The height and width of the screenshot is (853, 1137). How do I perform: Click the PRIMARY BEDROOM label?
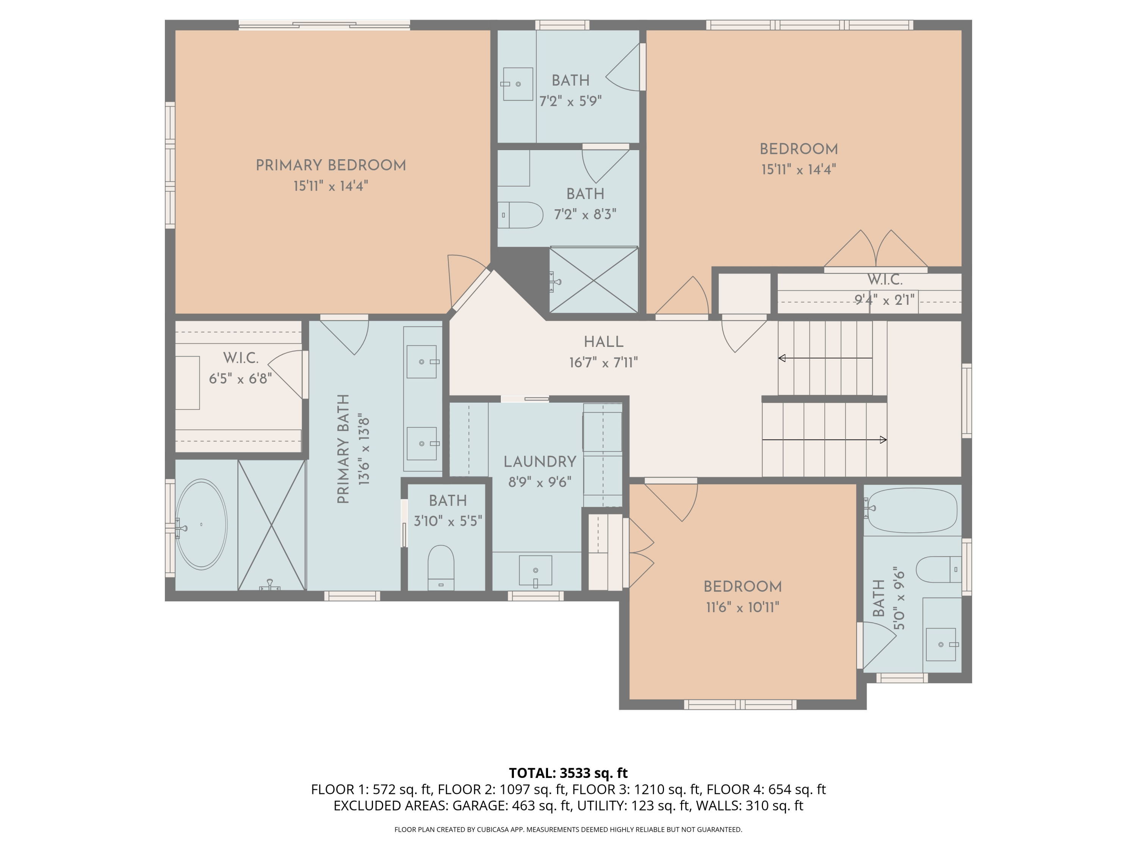click(x=330, y=166)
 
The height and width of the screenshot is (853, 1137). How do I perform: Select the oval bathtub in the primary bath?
click(x=201, y=524)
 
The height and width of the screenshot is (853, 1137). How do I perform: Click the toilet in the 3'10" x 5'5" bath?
click(x=440, y=566)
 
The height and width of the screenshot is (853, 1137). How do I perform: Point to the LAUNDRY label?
click(x=539, y=462)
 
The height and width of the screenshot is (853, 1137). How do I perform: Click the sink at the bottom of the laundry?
click(x=535, y=570)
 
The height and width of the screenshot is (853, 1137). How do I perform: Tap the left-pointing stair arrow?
click(x=782, y=358)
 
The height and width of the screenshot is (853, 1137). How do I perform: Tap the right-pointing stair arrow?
click(x=883, y=440)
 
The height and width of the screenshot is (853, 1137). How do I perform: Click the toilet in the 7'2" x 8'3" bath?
click(x=522, y=215)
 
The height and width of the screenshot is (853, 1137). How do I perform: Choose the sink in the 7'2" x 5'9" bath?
click(x=518, y=84)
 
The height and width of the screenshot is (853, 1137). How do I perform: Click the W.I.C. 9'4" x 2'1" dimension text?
click(x=884, y=300)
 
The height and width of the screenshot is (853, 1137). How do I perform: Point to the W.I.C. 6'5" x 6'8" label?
click(x=240, y=358)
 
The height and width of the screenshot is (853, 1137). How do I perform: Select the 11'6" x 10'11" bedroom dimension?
click(x=742, y=608)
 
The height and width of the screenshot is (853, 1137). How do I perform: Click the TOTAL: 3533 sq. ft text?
click(x=568, y=773)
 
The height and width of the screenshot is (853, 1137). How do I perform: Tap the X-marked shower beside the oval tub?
click(x=271, y=524)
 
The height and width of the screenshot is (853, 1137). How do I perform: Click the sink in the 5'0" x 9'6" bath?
click(x=941, y=644)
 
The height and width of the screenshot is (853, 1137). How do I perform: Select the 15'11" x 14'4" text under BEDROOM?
click(x=798, y=170)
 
